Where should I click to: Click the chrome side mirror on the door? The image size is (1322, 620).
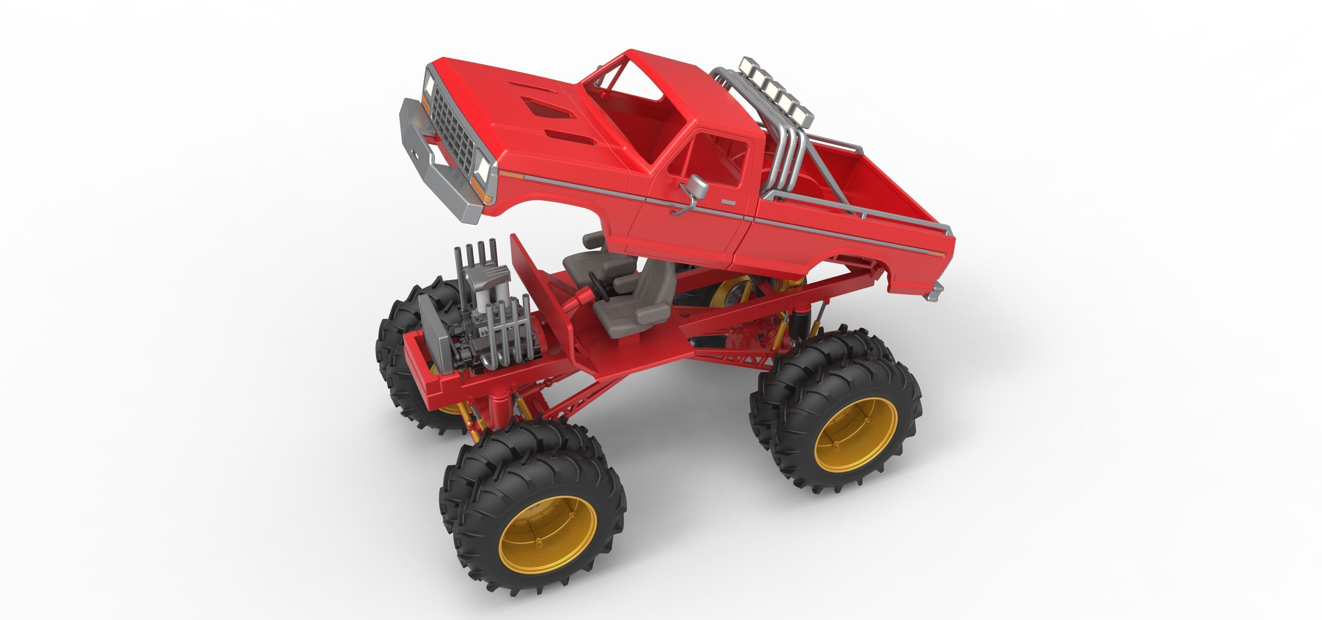click(x=698, y=187)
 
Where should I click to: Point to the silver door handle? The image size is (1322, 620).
click(x=727, y=203)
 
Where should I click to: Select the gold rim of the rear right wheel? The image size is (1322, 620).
click(x=856, y=434)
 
